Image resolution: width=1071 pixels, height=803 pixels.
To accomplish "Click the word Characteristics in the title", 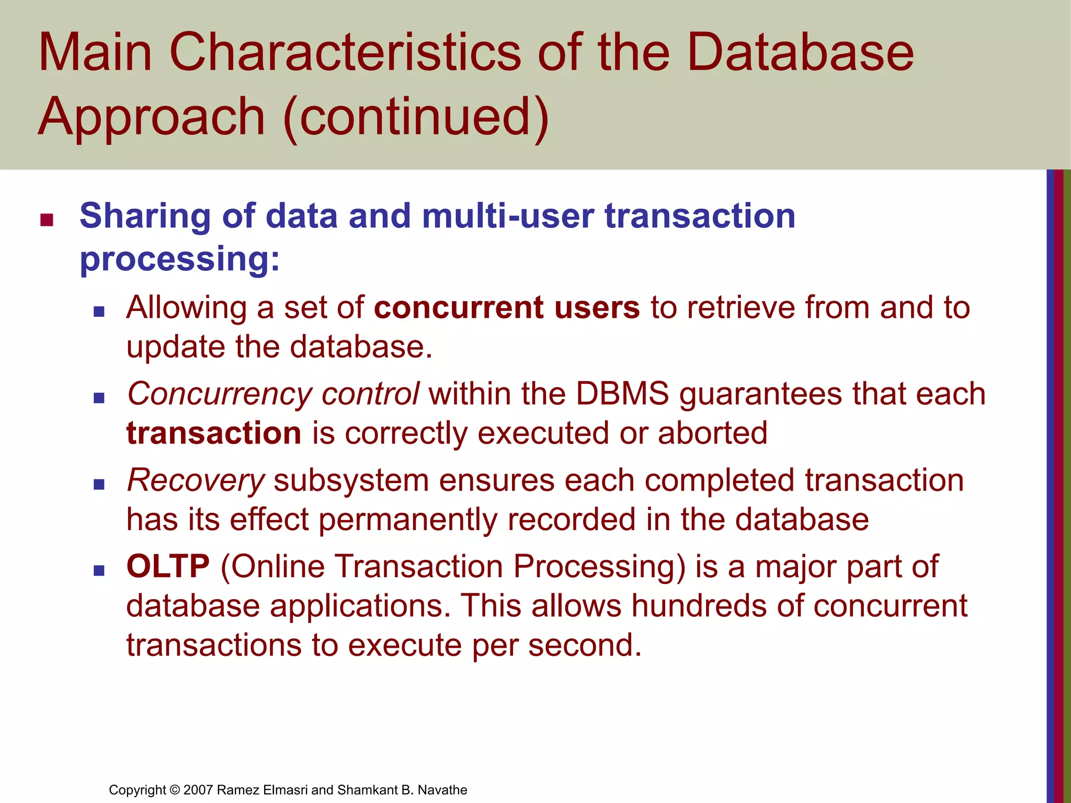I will point(345,52).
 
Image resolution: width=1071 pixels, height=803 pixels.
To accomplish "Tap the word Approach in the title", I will point(152,118).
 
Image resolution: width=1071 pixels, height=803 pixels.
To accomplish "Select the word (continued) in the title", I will point(416,118).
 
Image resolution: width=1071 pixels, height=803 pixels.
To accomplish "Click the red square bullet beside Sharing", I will point(47,220).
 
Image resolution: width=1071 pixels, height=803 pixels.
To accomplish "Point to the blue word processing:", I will point(180,259).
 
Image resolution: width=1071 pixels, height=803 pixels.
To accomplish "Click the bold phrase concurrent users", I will point(507,307).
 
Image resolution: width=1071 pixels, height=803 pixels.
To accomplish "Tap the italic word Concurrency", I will point(220,395).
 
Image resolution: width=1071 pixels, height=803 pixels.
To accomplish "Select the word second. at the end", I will point(585,645).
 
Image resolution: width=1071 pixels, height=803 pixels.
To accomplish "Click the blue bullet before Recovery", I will point(99,484).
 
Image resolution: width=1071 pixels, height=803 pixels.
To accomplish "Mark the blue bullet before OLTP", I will point(99,570).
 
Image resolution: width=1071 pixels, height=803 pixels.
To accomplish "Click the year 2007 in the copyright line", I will point(198,790).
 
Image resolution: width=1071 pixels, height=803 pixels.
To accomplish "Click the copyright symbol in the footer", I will point(175,790).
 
